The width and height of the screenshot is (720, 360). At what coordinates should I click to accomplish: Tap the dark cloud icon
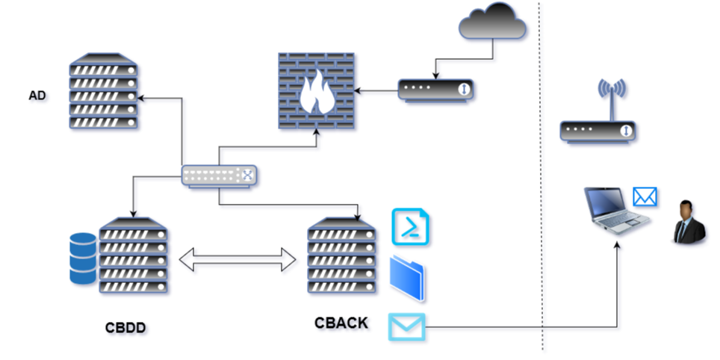(x=492, y=23)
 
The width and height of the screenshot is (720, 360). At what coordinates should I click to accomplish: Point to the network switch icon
(x=220, y=176)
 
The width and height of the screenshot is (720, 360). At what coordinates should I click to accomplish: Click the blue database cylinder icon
(x=83, y=258)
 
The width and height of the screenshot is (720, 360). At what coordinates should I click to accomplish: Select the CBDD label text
(x=126, y=327)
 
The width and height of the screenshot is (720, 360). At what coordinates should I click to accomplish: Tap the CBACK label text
(x=341, y=323)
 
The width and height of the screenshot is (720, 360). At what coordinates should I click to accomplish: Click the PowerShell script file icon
(x=412, y=226)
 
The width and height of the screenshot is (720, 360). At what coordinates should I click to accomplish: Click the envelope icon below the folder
(x=406, y=326)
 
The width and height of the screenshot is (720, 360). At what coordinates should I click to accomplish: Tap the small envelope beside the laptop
(x=645, y=196)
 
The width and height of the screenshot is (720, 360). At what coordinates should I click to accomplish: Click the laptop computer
(x=614, y=210)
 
